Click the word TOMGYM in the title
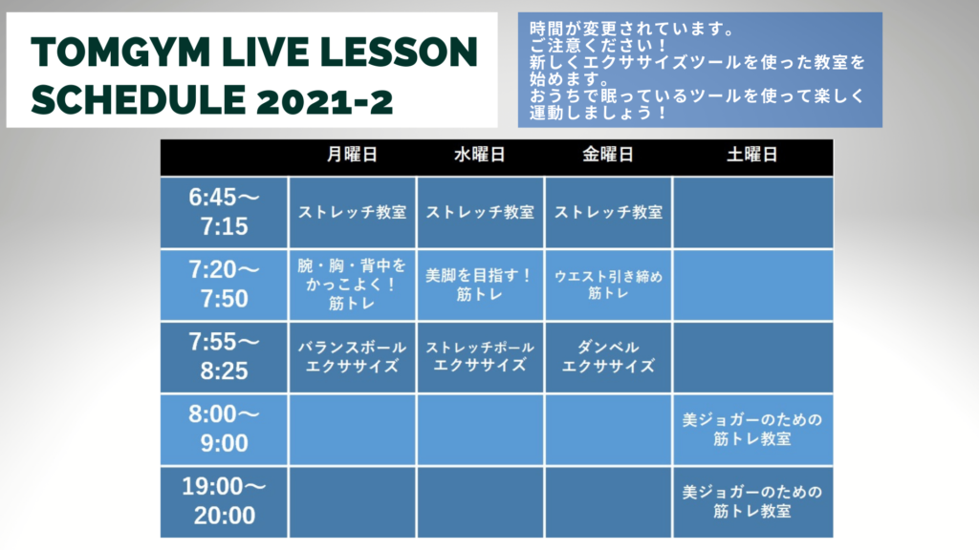(120, 52)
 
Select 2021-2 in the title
(325, 101)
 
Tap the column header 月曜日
(352, 155)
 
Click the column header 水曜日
(480, 155)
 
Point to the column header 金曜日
(608, 155)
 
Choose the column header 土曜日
(752, 155)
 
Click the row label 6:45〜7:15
(224, 212)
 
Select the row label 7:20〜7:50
(224, 285)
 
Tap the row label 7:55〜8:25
(224, 357)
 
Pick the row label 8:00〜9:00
(224, 429)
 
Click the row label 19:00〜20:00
(224, 501)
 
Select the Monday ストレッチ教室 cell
(352, 212)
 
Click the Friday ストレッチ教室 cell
(608, 212)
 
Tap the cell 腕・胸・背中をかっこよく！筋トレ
(352, 285)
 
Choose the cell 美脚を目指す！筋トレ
(480, 285)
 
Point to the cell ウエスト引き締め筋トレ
(608, 285)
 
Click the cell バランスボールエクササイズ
(352, 357)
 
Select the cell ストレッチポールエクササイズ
(480, 357)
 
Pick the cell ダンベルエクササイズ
(608, 357)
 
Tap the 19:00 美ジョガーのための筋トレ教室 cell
(752, 501)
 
